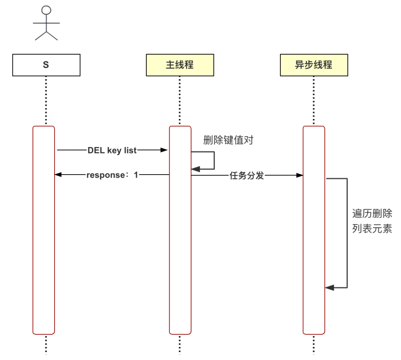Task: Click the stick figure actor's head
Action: click(x=46, y=10)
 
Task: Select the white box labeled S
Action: click(x=46, y=65)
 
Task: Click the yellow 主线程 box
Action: click(x=180, y=65)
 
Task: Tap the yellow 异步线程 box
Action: click(x=314, y=65)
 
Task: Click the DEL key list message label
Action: click(x=112, y=150)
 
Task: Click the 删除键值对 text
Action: click(x=228, y=140)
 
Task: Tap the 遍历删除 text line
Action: click(x=372, y=214)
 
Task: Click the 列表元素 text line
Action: click(x=372, y=228)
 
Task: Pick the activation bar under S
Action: click(x=44, y=230)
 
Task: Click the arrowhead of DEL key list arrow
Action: click(x=164, y=150)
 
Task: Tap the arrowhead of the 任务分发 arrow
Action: click(x=300, y=175)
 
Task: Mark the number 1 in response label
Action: click(x=136, y=175)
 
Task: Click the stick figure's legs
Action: click(x=46, y=36)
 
